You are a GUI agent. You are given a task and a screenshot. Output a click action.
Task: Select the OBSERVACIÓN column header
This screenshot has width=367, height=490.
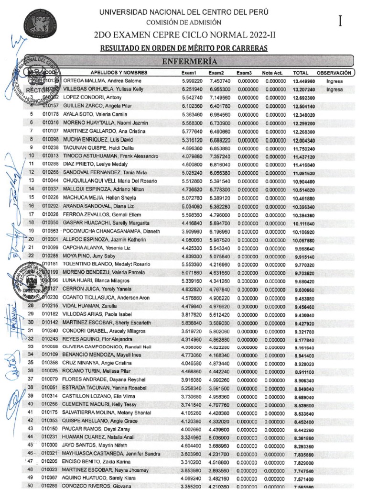[x=337, y=73]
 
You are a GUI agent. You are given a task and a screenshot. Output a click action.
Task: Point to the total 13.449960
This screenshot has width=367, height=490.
[x=304, y=81]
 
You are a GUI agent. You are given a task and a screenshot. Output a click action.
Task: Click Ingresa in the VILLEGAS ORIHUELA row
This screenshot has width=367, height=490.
[x=335, y=89]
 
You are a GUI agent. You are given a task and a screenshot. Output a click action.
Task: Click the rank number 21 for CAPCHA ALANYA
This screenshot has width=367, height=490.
[x=31, y=247]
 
